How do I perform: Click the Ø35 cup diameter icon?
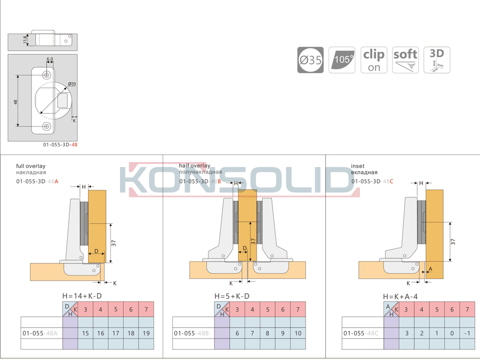pos(310,60)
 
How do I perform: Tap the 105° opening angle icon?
pos(342,60)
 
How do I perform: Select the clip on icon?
pos(374,60)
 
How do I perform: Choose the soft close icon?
pos(405,60)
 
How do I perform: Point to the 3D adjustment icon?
pos(437,60)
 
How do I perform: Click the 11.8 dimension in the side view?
pos(25,40)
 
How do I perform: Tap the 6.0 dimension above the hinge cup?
pos(50,59)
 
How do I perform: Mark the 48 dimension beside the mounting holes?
pos(15,102)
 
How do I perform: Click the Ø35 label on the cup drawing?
pos(72,84)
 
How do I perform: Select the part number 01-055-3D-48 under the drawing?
pos(60,145)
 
